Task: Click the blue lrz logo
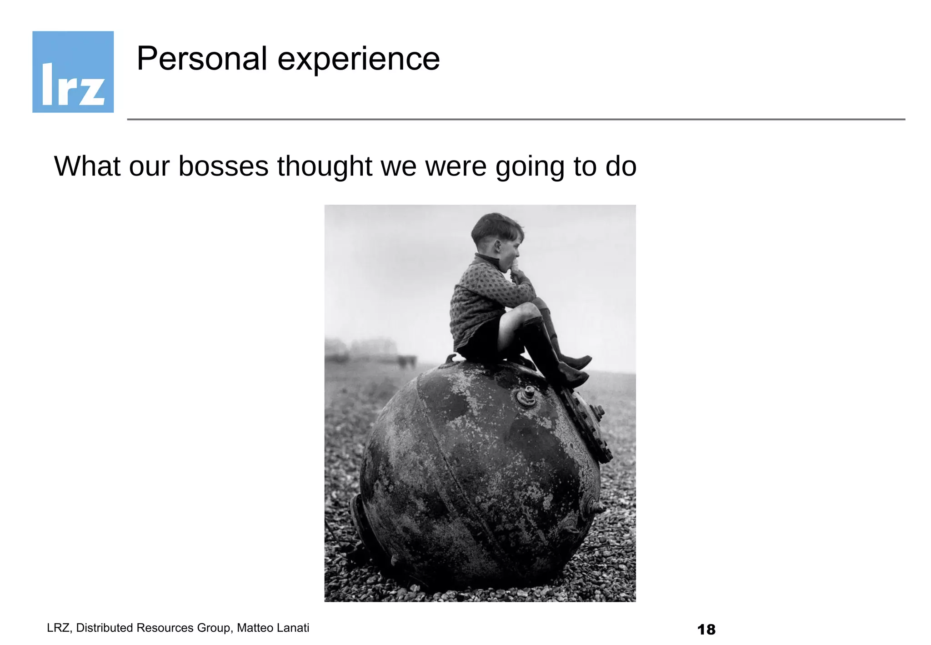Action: coord(73,72)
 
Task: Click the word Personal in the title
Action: coord(201,59)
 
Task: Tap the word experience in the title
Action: coord(358,60)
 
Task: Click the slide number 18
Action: coord(706,630)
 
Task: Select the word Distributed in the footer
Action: coord(104,628)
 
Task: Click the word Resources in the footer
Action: coord(165,628)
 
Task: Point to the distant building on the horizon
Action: coord(373,348)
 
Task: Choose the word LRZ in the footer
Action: coord(58,628)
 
